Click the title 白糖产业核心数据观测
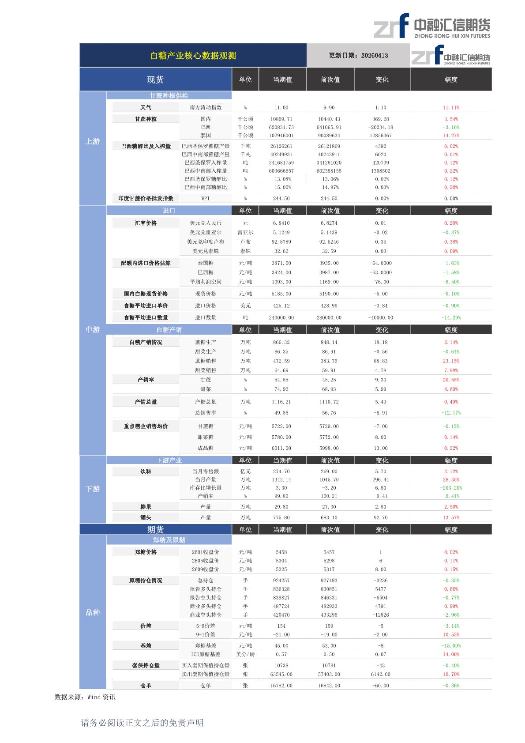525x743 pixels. (x=193, y=56)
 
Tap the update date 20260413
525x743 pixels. (x=358, y=56)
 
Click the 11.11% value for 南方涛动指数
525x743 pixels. (x=451, y=108)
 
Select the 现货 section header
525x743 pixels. (x=155, y=79)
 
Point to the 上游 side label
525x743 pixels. (x=93, y=142)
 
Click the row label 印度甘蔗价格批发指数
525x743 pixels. (x=146, y=199)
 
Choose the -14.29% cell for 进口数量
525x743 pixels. (x=451, y=318)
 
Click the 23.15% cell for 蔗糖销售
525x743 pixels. (x=451, y=361)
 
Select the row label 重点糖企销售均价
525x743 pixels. (x=146, y=426)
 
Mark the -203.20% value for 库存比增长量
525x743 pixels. (x=451, y=488)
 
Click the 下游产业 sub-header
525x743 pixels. (x=169, y=460)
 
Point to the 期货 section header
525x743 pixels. (x=155, y=530)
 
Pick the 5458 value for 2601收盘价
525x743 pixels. (x=281, y=552)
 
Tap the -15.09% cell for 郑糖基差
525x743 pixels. (x=451, y=646)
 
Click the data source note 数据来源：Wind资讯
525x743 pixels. (x=85, y=698)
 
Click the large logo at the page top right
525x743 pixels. (x=431, y=26)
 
